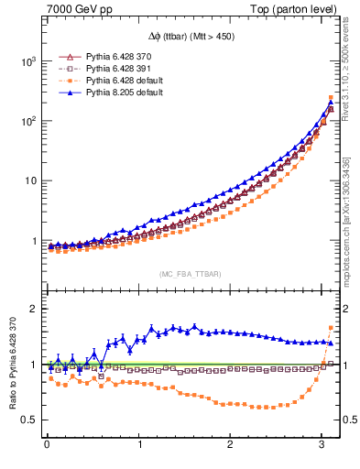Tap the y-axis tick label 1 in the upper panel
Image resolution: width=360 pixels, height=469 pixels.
(33, 241)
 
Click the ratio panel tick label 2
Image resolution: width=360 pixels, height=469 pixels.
(33, 309)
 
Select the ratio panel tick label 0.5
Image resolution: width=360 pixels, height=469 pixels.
(28, 420)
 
